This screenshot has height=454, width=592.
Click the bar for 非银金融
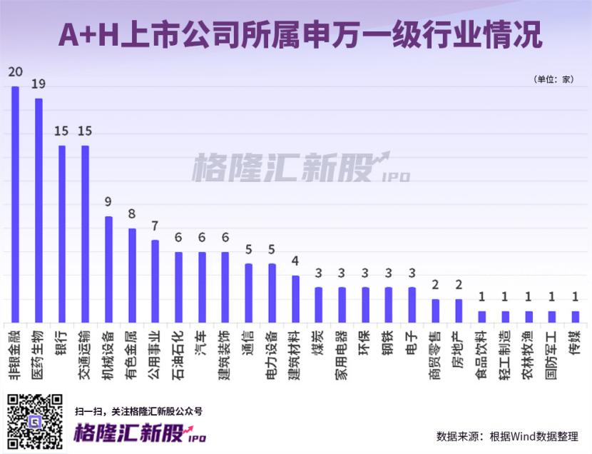[15, 204]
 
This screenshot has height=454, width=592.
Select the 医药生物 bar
[39, 210]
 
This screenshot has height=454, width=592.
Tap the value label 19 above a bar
[39, 84]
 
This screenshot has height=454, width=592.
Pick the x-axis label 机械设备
[108, 350]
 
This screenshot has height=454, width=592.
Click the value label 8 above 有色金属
[132, 213]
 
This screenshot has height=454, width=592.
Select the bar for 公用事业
[155, 281]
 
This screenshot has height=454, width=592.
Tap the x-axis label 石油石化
[178, 350]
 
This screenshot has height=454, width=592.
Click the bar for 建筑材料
[295, 298]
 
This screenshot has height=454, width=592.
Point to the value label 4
[295, 261]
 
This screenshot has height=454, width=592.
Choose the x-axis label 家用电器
[342, 350]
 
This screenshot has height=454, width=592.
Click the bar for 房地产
[459, 310]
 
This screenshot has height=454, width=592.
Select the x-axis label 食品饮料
[482, 350]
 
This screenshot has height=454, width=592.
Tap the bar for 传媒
[576, 316]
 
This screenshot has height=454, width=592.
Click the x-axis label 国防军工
[552, 350]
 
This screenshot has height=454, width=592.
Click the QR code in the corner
[35, 422]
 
